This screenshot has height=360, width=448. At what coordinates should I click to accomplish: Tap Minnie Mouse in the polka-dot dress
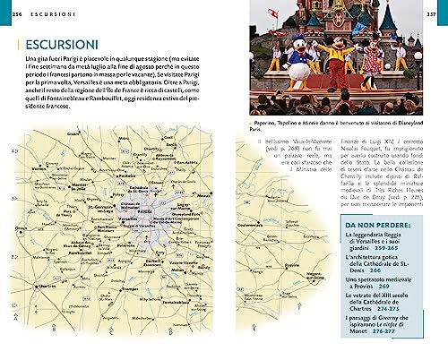coord(366,75)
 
